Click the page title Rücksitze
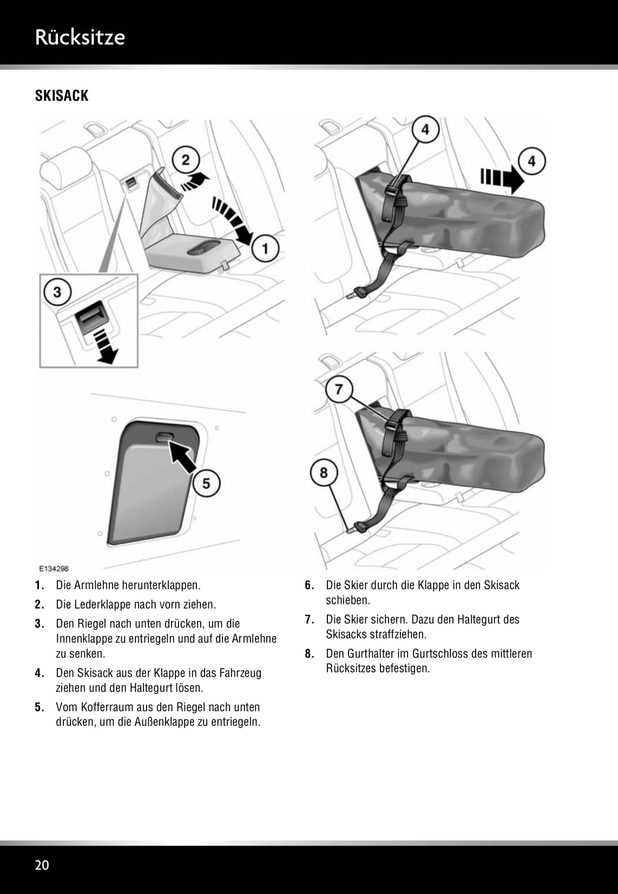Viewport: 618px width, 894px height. pyautogui.click(x=80, y=37)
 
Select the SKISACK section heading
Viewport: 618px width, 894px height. pyautogui.click(x=61, y=96)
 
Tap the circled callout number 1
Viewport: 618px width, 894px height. pyautogui.click(x=265, y=248)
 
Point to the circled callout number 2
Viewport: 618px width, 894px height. pyautogui.click(x=186, y=160)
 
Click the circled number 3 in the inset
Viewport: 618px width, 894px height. pyautogui.click(x=57, y=292)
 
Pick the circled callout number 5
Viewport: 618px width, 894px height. pyautogui.click(x=206, y=483)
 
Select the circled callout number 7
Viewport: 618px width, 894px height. pyautogui.click(x=339, y=389)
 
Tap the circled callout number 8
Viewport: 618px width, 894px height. pyautogui.click(x=324, y=472)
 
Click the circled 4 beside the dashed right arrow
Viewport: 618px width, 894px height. pyautogui.click(x=532, y=161)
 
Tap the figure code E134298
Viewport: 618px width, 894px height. pyautogui.click(x=54, y=569)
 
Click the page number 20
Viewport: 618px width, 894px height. pyautogui.click(x=42, y=865)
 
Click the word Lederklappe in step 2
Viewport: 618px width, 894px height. pyautogui.click(x=102, y=604)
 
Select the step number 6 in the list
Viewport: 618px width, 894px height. pyautogui.click(x=309, y=585)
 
